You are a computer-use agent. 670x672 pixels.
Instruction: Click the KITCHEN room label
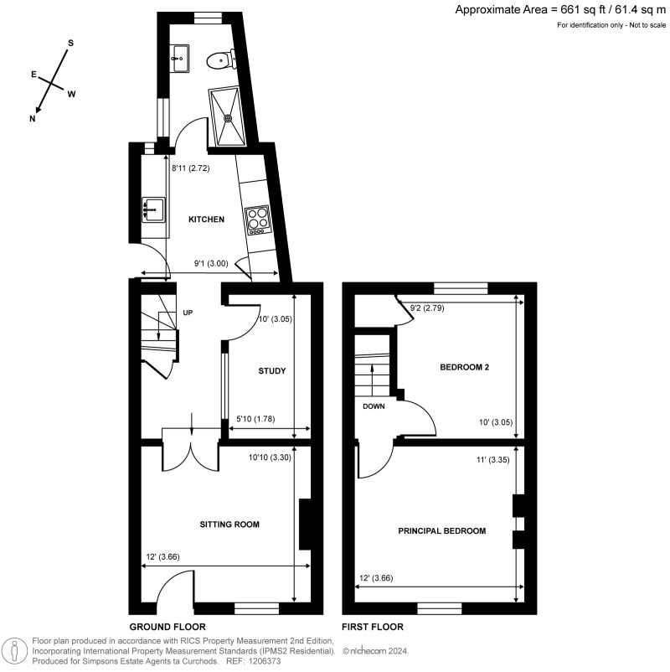206,219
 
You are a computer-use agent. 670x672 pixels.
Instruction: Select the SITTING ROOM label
229,525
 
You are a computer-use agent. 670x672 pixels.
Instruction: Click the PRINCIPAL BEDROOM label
442,531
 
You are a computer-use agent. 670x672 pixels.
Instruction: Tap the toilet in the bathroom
222,58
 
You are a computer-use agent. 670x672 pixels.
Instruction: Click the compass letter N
33,118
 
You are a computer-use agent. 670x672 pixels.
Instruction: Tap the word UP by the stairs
188,313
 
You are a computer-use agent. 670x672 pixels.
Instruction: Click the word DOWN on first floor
374,406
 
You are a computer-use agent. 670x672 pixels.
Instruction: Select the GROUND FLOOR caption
167,627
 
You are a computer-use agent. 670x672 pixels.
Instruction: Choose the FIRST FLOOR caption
372,627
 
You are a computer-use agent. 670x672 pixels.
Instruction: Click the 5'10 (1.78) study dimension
255,419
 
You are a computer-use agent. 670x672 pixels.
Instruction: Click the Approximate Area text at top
560,9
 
